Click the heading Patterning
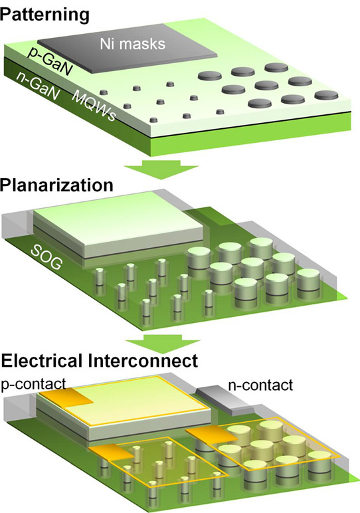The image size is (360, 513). coord(45,15)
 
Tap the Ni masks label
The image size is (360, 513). coord(132,43)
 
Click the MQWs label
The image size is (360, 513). coord(94,106)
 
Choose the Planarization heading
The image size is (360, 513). coord(56,185)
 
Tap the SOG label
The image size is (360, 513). coord(46,258)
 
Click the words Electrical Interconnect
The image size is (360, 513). coord(100,361)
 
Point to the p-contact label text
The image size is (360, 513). coord(33,383)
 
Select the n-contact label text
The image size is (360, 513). coord(260,385)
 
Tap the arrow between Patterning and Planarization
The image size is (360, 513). coord(161,169)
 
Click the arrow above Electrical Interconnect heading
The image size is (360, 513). coord(163,342)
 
